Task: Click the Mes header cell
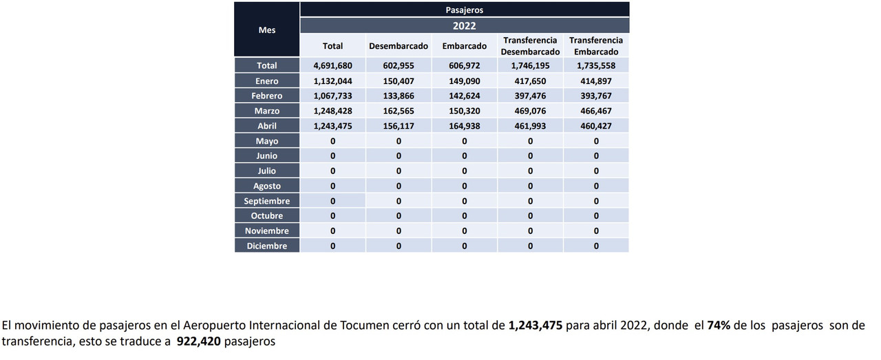(266, 30)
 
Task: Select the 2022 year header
(465, 26)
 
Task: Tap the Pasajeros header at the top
(465, 10)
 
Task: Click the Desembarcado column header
(399, 46)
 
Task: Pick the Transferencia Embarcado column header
(596, 46)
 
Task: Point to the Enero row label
(266, 81)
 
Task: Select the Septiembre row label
(266, 201)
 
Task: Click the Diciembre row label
(266, 246)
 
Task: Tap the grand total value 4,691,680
(332, 65)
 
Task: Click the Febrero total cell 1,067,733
(332, 96)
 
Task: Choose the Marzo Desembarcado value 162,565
(399, 111)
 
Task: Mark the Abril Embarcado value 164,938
(465, 126)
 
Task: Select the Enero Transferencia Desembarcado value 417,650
(530, 81)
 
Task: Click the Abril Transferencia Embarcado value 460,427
(596, 126)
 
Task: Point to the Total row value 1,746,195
(530, 65)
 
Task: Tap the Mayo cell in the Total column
(332, 141)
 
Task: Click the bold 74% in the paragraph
(719, 326)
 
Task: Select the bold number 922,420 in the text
(199, 341)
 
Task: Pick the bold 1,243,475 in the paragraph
(535, 326)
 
